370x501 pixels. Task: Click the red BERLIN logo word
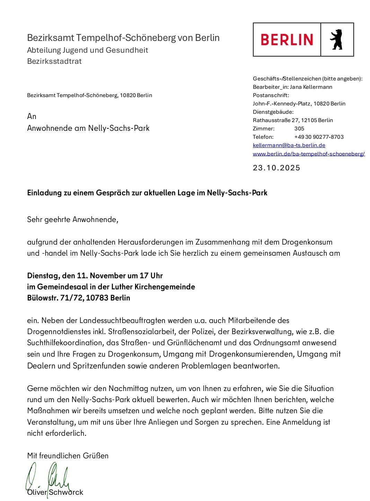point(287,40)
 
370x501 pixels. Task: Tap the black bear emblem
point(336,40)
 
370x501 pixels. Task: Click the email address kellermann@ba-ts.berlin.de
point(289,145)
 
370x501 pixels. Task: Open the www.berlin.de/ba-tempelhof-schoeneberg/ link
point(309,154)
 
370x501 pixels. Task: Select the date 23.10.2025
point(276,168)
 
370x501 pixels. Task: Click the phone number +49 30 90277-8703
point(319,137)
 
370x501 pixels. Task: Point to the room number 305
point(299,128)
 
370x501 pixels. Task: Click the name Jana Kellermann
point(311,87)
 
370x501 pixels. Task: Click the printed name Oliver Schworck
point(55,492)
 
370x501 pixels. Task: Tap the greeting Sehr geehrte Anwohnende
point(72,219)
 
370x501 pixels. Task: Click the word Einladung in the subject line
point(44,193)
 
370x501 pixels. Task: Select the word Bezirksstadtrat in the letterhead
point(54,61)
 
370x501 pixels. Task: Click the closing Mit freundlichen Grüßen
point(68,456)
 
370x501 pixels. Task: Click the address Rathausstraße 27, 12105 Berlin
point(293,120)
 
